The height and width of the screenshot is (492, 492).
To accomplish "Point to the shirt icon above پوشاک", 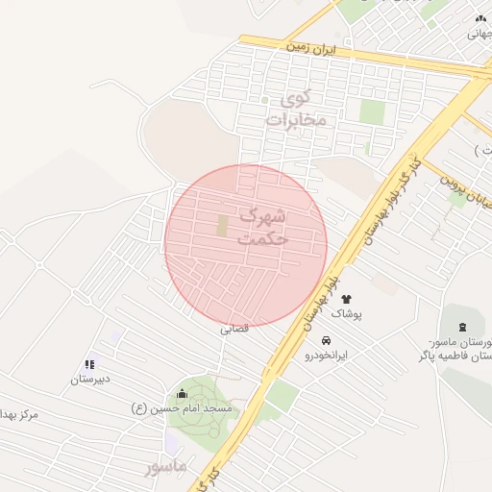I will (346, 299).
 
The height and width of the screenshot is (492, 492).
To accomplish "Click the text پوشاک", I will (348, 313).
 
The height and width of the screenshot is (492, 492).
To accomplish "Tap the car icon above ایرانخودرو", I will (327, 340).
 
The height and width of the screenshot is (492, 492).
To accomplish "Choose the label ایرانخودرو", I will (327, 355).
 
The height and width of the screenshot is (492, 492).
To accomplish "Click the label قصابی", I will (234, 329).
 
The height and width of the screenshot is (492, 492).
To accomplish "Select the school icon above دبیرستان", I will (89, 364).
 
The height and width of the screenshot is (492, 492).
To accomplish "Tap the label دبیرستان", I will (90, 379).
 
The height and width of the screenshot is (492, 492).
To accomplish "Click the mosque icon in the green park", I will (183, 393).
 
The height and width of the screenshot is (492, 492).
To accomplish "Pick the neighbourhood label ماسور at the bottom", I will (165, 468).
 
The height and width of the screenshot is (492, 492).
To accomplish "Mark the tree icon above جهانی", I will (480, 18).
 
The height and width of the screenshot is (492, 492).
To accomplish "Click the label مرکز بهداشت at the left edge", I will (19, 414).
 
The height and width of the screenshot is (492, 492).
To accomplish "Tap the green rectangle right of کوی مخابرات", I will (372, 111).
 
